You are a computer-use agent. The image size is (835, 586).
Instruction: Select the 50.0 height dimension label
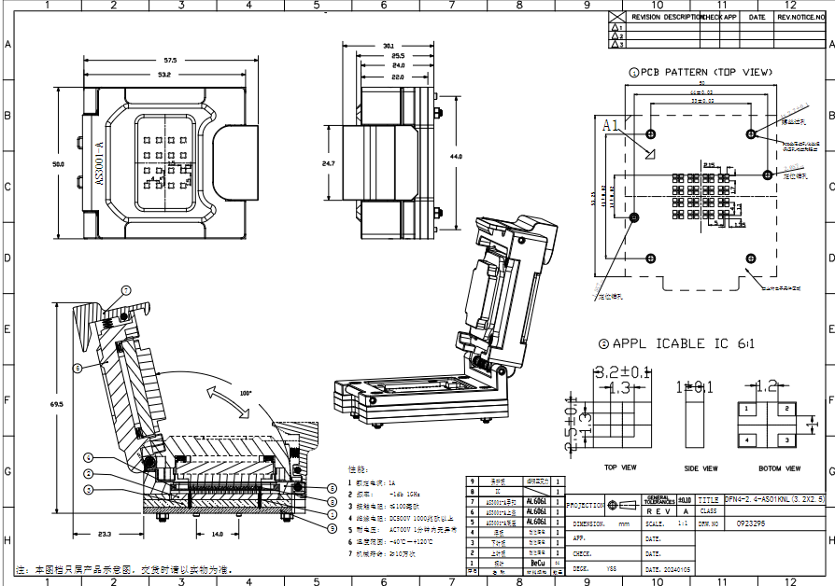coord(58,164)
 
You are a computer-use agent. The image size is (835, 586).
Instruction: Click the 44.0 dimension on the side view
coord(456,157)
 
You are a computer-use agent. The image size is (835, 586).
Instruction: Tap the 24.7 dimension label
coord(329,163)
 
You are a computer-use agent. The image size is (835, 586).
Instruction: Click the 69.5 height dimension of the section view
coord(57,404)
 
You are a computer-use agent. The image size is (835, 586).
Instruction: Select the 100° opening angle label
coord(246,393)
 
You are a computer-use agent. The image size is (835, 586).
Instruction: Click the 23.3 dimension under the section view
coord(104,535)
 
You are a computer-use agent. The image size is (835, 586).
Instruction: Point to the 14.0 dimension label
coord(217,535)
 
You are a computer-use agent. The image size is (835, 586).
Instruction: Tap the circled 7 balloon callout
coord(125,288)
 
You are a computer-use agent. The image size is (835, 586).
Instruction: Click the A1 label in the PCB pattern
coord(611,125)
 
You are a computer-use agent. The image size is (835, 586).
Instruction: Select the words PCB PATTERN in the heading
coord(675,72)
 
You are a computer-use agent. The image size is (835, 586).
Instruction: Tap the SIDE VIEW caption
coord(701,468)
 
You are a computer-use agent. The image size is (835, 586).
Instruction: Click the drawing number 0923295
coord(751,524)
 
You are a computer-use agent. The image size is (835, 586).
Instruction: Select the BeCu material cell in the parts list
coord(537,564)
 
